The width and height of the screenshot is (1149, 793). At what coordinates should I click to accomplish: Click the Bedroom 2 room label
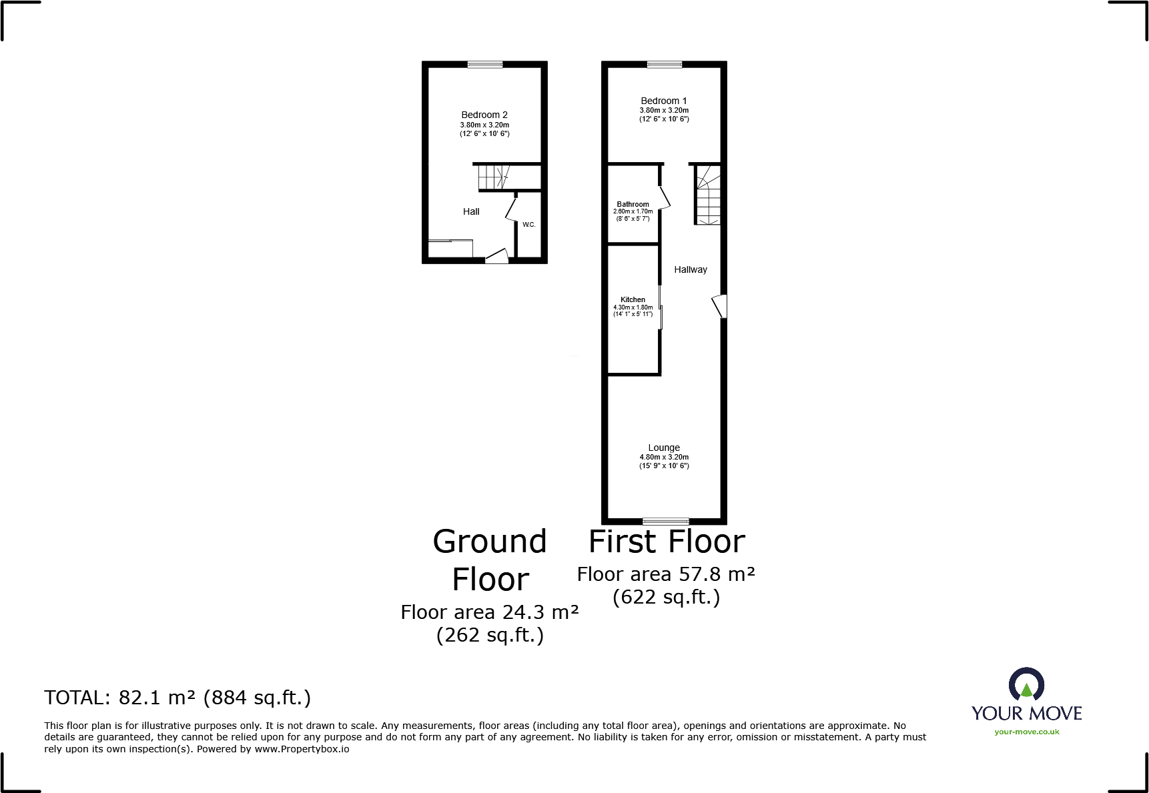click(484, 115)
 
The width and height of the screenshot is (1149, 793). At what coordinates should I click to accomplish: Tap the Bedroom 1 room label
click(663, 101)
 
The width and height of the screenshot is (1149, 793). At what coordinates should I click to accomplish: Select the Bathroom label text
click(633, 204)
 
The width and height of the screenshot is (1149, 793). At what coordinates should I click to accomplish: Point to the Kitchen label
click(633, 299)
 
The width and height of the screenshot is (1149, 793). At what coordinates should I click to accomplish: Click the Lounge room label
click(664, 448)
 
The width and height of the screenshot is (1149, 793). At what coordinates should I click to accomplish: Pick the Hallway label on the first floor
click(690, 269)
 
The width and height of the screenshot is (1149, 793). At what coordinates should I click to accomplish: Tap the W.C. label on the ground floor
click(528, 225)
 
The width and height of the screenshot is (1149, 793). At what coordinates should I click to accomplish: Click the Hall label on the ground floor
click(471, 211)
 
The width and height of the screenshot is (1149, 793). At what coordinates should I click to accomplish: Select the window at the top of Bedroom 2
click(485, 65)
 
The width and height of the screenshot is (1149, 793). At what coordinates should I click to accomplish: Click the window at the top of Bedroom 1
click(665, 65)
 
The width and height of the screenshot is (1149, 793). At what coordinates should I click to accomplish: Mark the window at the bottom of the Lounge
click(665, 521)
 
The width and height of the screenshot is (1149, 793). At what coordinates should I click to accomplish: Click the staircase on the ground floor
click(494, 177)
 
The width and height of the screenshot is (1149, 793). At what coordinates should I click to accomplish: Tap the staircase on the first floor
click(707, 195)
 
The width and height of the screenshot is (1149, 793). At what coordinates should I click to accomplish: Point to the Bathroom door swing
click(665, 197)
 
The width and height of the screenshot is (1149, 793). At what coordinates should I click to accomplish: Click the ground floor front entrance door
click(496, 256)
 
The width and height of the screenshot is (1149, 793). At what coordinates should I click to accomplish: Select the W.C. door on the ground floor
click(512, 208)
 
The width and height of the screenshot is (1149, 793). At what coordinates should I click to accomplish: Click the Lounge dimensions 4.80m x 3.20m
click(664, 458)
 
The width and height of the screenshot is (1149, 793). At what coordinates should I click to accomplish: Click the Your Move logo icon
click(1026, 684)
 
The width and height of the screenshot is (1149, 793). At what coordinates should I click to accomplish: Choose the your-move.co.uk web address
click(1026, 732)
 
